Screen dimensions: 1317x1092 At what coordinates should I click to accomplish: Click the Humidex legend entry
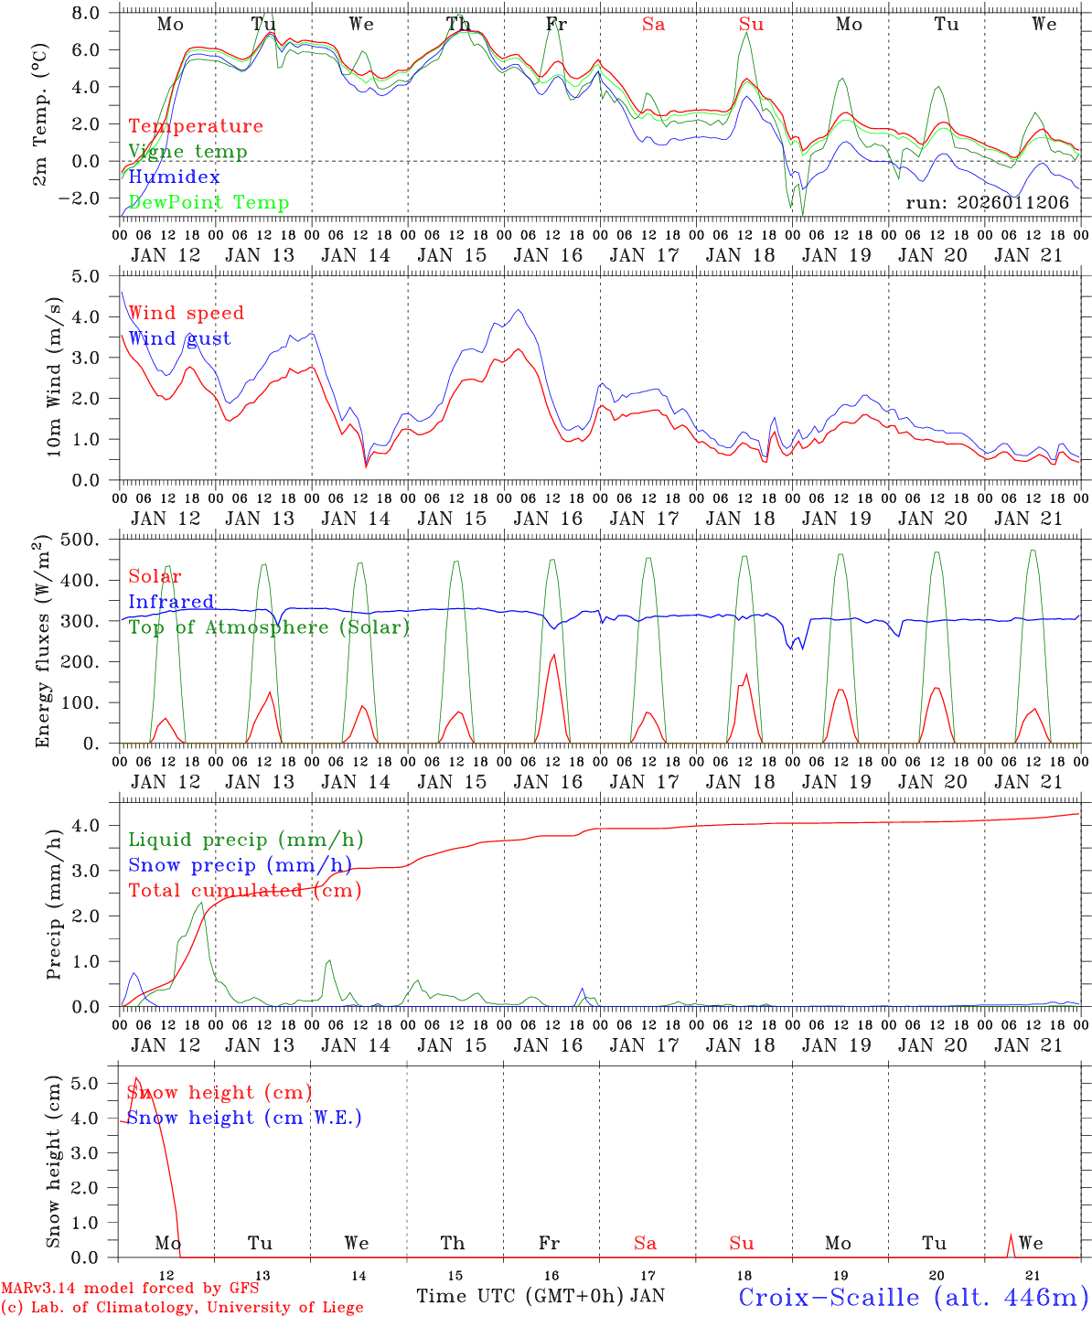[x=174, y=177]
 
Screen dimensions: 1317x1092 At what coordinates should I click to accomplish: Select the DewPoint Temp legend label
[x=209, y=203]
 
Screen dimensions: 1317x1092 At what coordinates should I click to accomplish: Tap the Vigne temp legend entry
[x=187, y=152]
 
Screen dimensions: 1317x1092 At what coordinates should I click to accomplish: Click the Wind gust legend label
[x=179, y=338]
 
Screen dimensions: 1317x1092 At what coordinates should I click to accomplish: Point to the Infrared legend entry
[x=171, y=602]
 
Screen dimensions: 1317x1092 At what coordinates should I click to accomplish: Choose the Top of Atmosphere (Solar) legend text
[x=268, y=627]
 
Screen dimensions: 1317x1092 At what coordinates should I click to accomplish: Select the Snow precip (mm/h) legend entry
[x=240, y=865]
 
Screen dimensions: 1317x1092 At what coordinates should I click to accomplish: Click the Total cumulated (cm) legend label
[x=244, y=891]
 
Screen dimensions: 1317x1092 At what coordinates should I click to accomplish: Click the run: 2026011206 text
[x=987, y=203]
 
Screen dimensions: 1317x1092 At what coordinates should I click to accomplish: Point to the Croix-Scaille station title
[x=913, y=1297]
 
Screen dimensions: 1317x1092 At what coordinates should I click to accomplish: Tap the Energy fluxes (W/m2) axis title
[x=43, y=642]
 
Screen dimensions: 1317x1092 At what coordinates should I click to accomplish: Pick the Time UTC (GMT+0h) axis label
[x=520, y=1296]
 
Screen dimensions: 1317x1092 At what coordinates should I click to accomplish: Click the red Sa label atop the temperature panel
[x=653, y=25]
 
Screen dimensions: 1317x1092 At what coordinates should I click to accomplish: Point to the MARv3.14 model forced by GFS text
[x=130, y=1289]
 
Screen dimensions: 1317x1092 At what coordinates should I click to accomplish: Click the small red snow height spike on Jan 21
[x=1011, y=1240]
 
